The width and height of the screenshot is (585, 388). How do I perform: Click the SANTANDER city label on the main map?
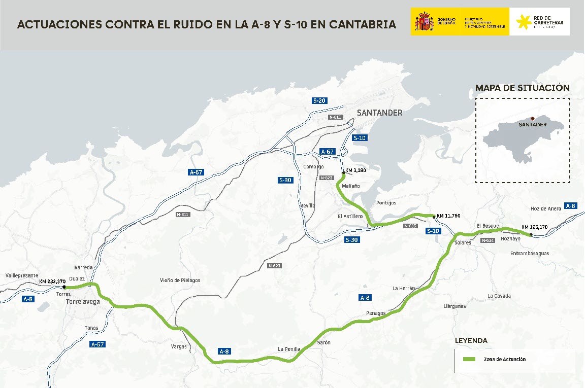tap(379, 113)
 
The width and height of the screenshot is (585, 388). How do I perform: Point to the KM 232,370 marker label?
tap(52, 281)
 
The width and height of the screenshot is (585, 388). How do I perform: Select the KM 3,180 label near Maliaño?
tap(355, 170)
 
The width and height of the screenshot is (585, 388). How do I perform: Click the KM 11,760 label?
tap(448, 216)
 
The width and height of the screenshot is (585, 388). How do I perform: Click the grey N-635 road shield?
tap(410, 226)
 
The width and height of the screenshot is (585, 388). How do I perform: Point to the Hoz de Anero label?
tap(545, 208)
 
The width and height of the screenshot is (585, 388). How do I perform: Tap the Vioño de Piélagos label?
tap(180, 280)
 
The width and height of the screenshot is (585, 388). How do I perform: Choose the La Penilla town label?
tap(289, 349)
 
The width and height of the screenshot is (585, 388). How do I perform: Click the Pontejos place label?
tap(386, 203)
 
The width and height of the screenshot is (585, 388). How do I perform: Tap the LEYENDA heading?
tap(471, 340)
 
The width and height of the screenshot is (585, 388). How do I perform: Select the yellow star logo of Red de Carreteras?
tap(522, 22)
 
